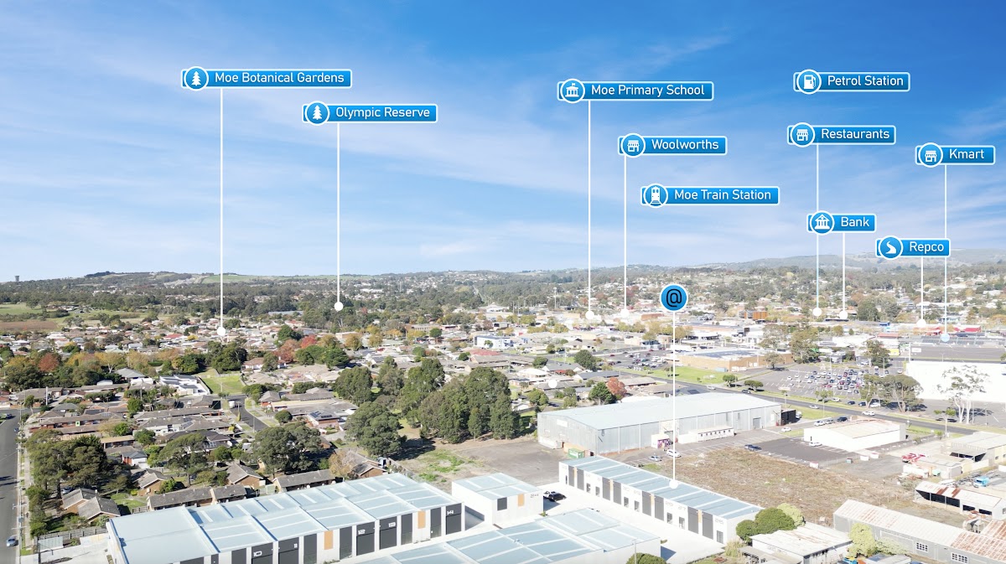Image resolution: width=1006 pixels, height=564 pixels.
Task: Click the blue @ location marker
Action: click(673, 298)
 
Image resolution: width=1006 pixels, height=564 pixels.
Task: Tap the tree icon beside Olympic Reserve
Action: click(317, 113)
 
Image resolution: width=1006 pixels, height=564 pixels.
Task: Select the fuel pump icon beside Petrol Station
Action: click(808, 81)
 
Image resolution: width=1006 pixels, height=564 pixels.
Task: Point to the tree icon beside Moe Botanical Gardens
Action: click(196, 79)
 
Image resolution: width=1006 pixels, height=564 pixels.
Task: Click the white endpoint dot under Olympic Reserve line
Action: click(339, 306)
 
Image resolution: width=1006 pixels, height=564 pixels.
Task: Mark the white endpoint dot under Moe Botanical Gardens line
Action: click(221, 331)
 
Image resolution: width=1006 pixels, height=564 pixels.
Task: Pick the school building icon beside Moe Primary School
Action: click(573, 91)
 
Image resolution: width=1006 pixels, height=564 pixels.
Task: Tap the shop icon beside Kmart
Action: click(930, 155)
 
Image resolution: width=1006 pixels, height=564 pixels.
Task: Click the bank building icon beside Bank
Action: click(822, 222)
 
